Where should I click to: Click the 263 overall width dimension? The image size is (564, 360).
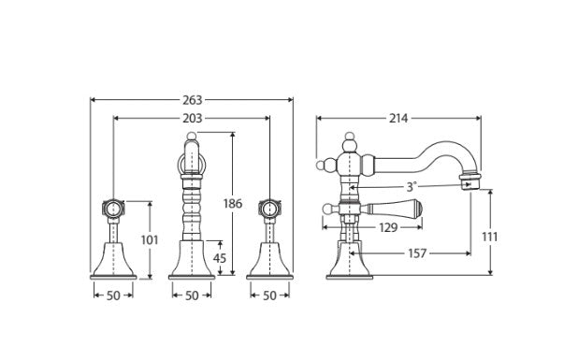click(x=193, y=100)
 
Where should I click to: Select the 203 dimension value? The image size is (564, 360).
click(x=193, y=118)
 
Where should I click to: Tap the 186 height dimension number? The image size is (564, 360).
click(x=233, y=204)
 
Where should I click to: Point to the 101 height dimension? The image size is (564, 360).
click(x=150, y=239)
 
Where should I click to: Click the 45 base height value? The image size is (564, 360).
click(x=220, y=258)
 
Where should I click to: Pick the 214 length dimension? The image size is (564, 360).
click(x=398, y=118)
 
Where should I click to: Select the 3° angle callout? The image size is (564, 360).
click(x=412, y=187)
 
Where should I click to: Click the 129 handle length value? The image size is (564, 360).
click(x=388, y=227)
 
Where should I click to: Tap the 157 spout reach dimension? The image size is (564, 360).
click(x=417, y=253)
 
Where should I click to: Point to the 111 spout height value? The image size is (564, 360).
click(x=489, y=237)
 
